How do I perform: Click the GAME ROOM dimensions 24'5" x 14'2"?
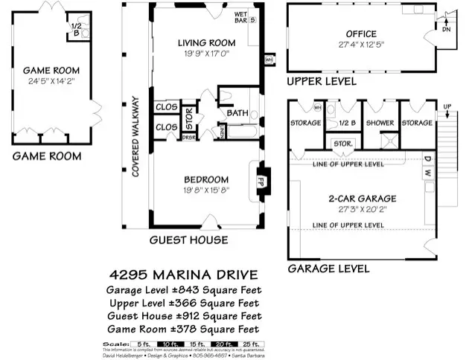coord(53,82)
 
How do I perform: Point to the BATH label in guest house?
coord(237,113)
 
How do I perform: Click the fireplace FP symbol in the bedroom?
coord(261,180)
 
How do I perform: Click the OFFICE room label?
coord(360,34)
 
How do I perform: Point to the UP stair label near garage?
coord(446,107)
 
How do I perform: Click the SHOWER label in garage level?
coord(380,123)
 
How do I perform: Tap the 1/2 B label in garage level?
coord(345,123)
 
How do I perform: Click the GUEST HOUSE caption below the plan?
coord(188,240)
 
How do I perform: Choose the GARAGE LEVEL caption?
coord(328,268)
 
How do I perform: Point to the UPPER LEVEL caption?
coord(322,80)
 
